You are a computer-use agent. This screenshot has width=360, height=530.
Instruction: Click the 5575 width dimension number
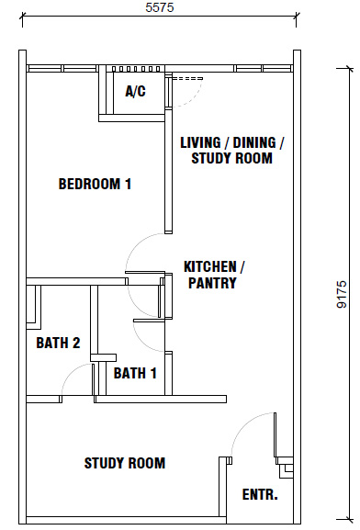(x=160, y=7)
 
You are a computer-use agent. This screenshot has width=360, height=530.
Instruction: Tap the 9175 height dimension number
(x=342, y=294)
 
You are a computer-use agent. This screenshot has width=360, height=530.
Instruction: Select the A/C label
(x=136, y=91)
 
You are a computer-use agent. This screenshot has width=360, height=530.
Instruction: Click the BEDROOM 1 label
(x=95, y=184)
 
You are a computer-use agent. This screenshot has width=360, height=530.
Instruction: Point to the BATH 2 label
(x=58, y=343)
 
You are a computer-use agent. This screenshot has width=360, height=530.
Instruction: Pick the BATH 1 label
(x=135, y=373)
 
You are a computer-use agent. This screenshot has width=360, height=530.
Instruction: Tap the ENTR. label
(x=260, y=494)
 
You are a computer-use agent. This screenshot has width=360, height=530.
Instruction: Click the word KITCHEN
(x=210, y=266)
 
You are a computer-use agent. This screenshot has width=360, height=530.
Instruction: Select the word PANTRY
(x=212, y=283)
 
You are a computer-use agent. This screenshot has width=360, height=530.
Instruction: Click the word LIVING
(x=200, y=142)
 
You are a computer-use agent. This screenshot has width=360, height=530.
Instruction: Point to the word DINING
(x=254, y=142)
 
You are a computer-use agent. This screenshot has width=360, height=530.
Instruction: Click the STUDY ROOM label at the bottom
(x=125, y=463)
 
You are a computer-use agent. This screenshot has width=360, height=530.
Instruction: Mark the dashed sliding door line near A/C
(x=187, y=79)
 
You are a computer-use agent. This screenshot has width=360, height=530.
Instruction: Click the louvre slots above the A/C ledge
(x=136, y=69)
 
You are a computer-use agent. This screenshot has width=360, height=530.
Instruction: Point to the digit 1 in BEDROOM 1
(x=129, y=184)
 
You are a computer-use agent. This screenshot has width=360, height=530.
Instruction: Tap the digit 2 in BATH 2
(x=76, y=343)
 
